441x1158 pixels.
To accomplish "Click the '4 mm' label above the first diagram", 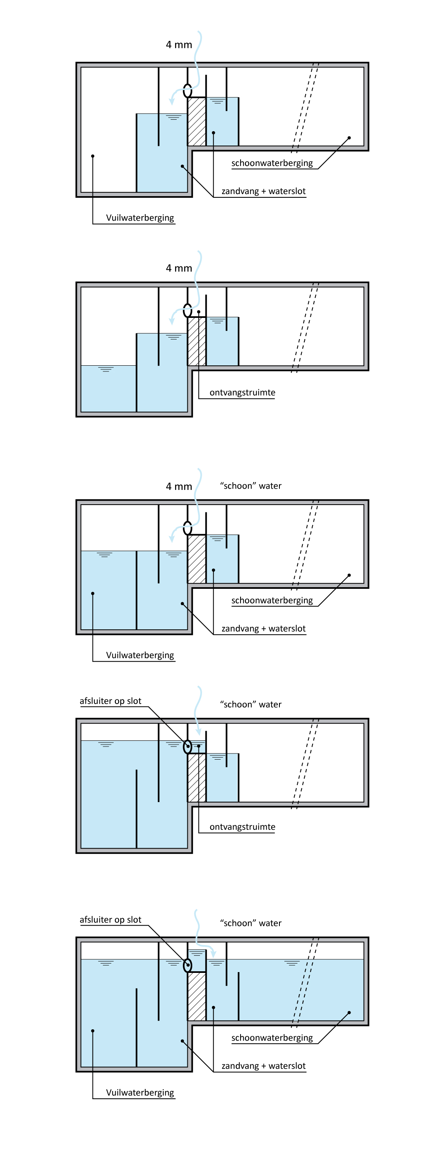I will pyautogui.click(x=179, y=45).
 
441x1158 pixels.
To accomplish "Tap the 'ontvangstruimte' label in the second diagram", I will pyautogui.click(x=242, y=392).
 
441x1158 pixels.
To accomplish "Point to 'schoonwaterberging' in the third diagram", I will pyautogui.click(x=272, y=601).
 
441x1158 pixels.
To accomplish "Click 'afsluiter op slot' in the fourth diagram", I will pyautogui.click(x=110, y=701).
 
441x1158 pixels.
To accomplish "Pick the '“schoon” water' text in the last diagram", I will pyautogui.click(x=251, y=923).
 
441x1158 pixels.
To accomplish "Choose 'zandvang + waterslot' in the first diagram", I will pyautogui.click(x=263, y=192).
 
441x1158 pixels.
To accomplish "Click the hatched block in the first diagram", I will pyautogui.click(x=197, y=121).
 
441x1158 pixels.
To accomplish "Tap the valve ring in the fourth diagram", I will pyautogui.click(x=188, y=747).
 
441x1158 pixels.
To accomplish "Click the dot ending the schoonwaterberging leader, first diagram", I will pyautogui.click(x=349, y=138).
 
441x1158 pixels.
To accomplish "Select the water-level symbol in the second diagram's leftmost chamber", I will pyautogui.click(x=106, y=369).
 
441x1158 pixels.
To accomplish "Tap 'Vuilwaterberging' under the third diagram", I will pyautogui.click(x=140, y=655).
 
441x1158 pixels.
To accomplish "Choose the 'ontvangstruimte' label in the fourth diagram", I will pyautogui.click(x=242, y=827).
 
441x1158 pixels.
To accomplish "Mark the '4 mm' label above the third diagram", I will pyautogui.click(x=179, y=486).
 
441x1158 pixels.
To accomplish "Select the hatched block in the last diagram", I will pyautogui.click(x=197, y=996).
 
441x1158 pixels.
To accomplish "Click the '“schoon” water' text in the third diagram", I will pyautogui.click(x=251, y=486).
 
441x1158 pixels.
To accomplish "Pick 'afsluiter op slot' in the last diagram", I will pyautogui.click(x=110, y=920).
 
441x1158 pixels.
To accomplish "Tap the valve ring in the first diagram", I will pyautogui.click(x=188, y=91).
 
